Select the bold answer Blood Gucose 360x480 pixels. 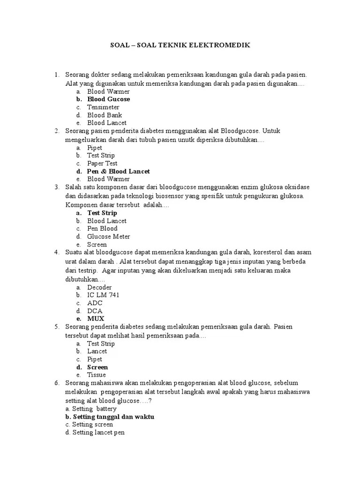[x=108, y=99]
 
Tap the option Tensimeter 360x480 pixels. [x=103, y=107]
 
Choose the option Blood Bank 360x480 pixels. [x=104, y=115]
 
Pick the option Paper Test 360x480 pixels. [x=102, y=164]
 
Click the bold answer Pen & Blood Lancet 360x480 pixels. [x=118, y=172]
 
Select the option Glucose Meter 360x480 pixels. [x=108, y=237]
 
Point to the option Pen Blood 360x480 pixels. [x=102, y=229]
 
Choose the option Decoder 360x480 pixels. [x=99, y=287]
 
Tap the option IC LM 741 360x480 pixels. [x=103, y=295]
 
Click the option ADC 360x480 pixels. [x=95, y=303]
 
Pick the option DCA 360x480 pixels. [x=95, y=311]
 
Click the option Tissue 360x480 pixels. [x=97, y=375]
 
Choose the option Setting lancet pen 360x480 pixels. [x=98, y=433]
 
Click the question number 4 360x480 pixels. [x=56, y=252]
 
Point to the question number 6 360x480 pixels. [x=56, y=383]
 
